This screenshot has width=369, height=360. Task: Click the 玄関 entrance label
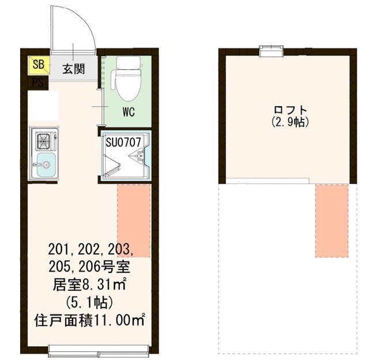pos(74,69)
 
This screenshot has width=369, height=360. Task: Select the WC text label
pos(128,112)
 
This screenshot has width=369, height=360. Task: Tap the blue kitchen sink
pos(44,166)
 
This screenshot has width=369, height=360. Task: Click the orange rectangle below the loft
pos(332,220)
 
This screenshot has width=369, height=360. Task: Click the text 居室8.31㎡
pos(90,284)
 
